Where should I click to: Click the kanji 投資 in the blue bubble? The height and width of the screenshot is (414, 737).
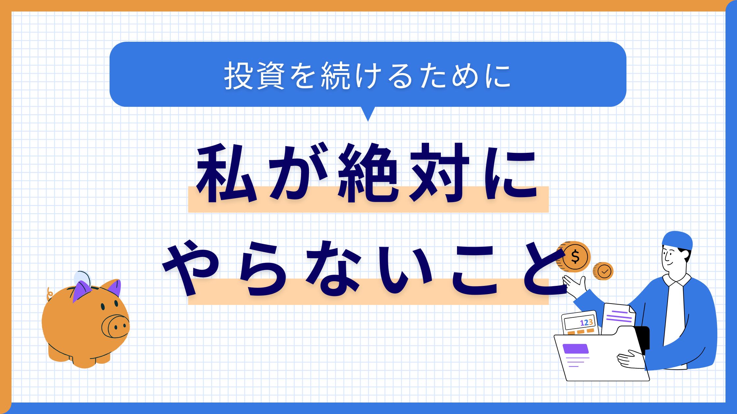[x=254, y=76]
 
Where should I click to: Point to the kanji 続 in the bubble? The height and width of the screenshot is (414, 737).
[x=335, y=76]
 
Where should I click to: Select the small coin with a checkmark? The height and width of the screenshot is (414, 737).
[x=603, y=271]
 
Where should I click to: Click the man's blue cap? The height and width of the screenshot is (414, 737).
[x=677, y=240]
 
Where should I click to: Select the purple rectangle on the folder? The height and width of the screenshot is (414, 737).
[x=575, y=349]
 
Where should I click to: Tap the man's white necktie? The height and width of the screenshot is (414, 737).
[x=674, y=315]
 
